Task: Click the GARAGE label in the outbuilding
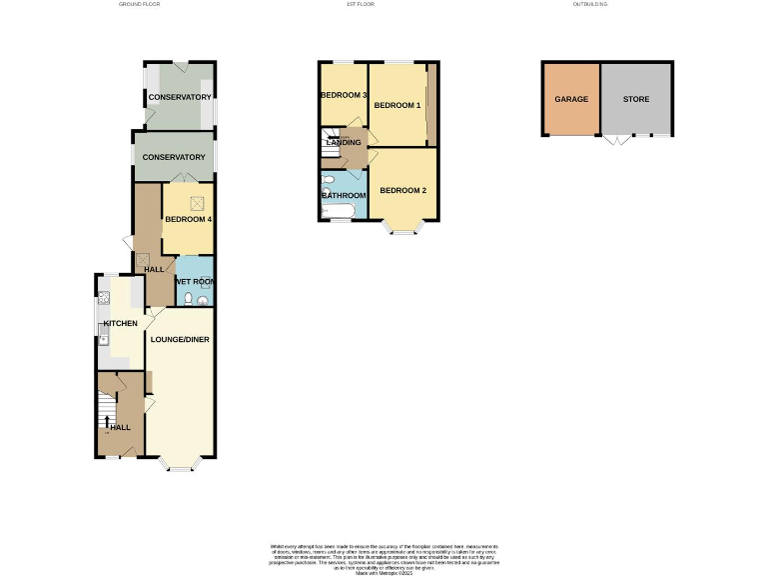571,100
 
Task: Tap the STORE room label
635,100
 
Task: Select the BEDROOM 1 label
397,105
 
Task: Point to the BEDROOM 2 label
403,191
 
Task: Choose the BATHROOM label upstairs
344,196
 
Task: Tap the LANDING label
343,144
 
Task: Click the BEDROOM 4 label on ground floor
189,220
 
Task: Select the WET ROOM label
195,282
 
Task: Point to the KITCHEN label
120,325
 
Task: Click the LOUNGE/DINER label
180,340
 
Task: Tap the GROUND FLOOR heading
139,5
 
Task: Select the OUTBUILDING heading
589,5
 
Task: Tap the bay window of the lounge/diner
180,466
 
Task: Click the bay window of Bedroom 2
403,231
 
